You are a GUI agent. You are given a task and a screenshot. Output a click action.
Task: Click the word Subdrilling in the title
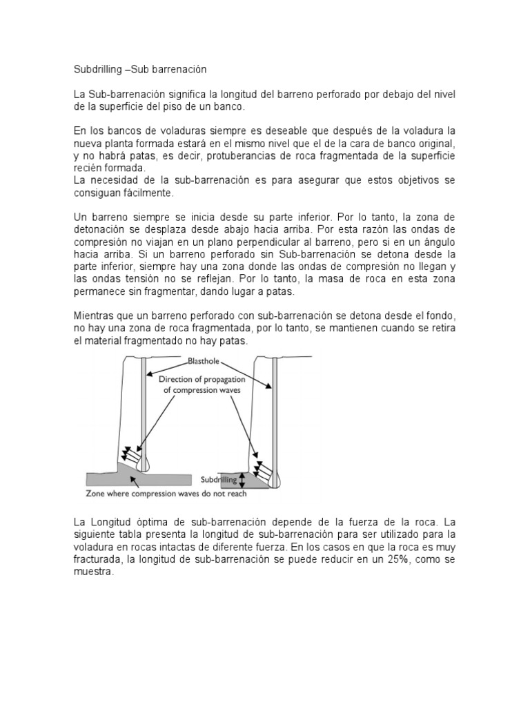click(x=95, y=70)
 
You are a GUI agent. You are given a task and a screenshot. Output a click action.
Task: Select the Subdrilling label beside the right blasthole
click(x=218, y=478)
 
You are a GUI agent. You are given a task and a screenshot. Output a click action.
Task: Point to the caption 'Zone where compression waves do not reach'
click(x=166, y=494)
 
